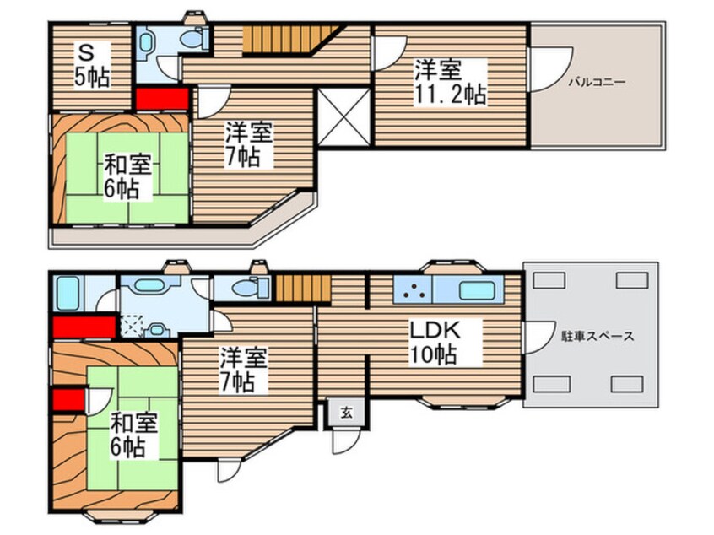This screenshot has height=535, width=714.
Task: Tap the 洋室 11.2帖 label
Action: tap(449, 81)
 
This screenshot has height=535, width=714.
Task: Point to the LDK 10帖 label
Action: tap(433, 340)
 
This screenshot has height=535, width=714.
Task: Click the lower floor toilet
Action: tap(251, 287)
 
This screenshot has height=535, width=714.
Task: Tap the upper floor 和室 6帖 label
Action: tap(127, 175)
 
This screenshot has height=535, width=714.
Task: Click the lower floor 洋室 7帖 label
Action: tap(245, 368)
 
